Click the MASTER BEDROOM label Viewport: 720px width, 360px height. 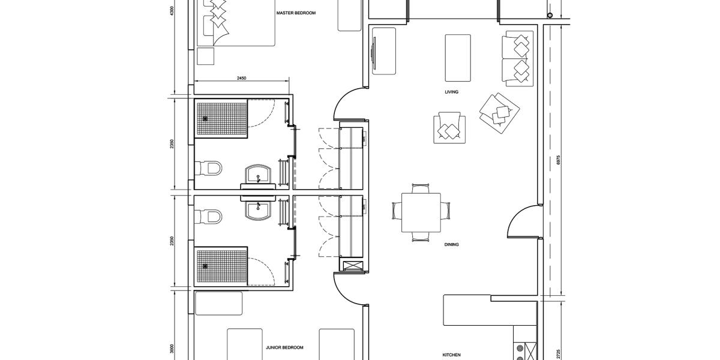[x=296, y=13]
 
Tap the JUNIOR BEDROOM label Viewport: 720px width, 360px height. [x=284, y=347]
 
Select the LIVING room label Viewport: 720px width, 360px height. [x=451, y=92]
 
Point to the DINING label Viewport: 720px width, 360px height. [x=451, y=245]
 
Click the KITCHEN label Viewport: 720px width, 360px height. [x=451, y=355]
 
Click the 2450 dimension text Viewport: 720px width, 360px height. [x=241, y=78]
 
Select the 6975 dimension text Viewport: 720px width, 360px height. [x=559, y=160]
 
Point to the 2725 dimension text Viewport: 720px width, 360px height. [x=559, y=354]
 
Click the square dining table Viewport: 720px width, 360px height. [x=421, y=212]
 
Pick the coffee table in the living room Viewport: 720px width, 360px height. [x=458, y=58]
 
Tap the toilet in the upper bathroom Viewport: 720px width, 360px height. [x=209, y=168]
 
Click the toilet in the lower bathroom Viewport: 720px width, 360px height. [x=209, y=217]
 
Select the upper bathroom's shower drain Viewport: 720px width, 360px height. [x=205, y=119]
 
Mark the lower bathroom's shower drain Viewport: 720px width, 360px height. [x=205, y=266]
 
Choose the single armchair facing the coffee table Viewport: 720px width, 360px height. [x=449, y=128]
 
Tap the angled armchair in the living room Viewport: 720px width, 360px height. [x=499, y=113]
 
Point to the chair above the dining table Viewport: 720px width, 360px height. [x=421, y=188]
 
